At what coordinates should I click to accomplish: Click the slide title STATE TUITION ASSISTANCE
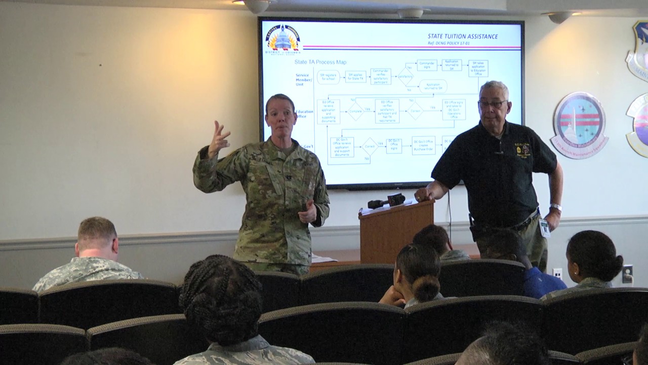462,36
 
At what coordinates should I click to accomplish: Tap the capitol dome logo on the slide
283,40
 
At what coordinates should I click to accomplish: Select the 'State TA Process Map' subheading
320,62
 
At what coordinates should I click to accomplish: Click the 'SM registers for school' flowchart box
328,77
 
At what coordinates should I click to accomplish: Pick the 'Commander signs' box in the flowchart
427,65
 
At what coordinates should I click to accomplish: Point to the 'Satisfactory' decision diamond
405,77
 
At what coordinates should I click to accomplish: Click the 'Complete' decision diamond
355,111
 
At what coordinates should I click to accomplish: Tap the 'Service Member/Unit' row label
303,80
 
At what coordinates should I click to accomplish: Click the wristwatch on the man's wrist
555,207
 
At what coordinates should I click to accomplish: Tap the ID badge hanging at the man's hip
544,228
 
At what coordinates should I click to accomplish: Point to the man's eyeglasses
492,104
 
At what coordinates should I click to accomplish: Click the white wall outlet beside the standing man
557,273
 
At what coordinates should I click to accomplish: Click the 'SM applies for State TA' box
355,77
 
